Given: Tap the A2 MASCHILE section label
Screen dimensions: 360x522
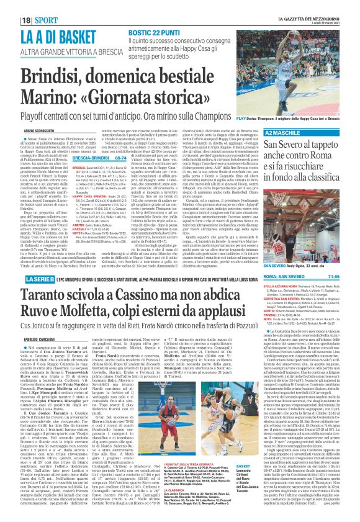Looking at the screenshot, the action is (x=281, y=132).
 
